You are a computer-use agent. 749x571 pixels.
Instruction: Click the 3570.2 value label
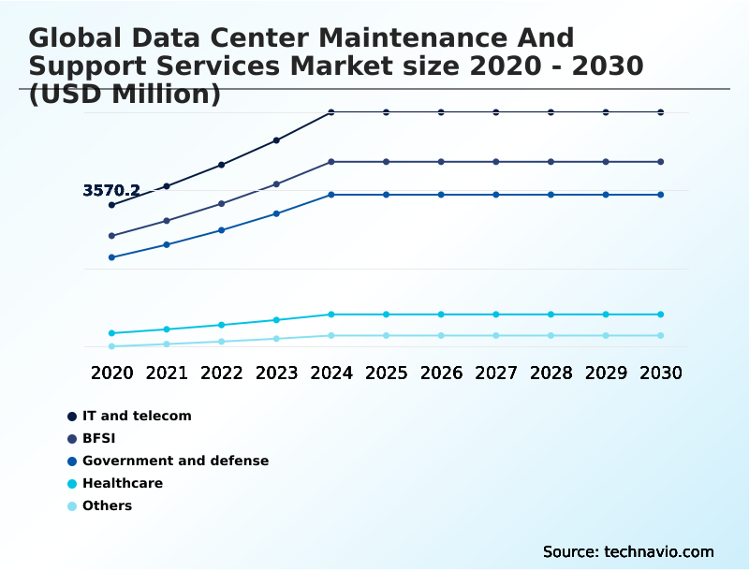click(x=111, y=191)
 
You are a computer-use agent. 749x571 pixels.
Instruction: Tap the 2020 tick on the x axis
click(x=112, y=373)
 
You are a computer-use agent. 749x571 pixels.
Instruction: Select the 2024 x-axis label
click(x=331, y=373)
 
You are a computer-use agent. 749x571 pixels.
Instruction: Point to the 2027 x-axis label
click(x=496, y=373)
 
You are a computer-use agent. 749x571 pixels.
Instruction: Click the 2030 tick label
click(x=661, y=373)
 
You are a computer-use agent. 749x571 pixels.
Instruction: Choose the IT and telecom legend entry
click(x=137, y=416)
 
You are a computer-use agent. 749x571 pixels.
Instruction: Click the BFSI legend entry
click(x=98, y=438)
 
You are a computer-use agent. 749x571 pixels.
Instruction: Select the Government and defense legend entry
click(x=175, y=461)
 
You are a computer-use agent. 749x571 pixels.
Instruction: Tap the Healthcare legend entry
click(x=123, y=483)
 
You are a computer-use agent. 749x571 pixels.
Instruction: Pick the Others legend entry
click(x=107, y=505)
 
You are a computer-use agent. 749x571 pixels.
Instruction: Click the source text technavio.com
click(x=628, y=551)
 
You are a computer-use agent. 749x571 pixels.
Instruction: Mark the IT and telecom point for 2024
click(x=331, y=112)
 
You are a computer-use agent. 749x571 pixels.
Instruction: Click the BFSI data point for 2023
click(x=276, y=184)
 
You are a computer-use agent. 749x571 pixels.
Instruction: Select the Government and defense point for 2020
click(x=112, y=257)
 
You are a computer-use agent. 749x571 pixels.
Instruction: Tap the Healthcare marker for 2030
click(x=661, y=315)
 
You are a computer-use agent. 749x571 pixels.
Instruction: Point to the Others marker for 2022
click(x=222, y=342)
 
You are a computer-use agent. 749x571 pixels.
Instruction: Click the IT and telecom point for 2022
click(x=222, y=165)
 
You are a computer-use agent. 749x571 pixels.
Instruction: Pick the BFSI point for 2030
click(x=661, y=162)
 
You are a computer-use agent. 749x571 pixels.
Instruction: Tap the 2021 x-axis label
click(x=167, y=373)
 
